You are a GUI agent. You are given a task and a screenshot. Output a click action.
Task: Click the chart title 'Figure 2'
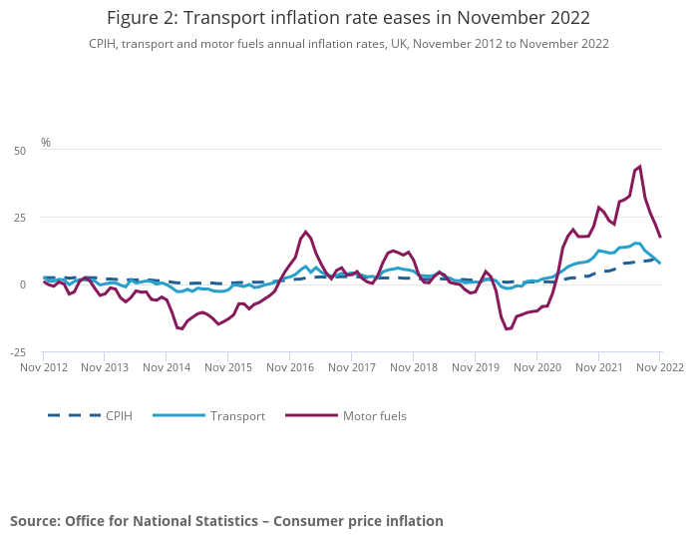[348, 18]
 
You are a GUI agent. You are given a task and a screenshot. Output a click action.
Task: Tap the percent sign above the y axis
[46, 143]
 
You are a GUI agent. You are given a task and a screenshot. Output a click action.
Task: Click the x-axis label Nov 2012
[44, 368]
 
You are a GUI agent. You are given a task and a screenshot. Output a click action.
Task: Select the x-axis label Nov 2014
[167, 368]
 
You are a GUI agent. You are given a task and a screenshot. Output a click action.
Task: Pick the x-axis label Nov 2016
[290, 368]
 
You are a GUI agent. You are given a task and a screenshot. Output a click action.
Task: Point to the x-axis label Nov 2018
[413, 368]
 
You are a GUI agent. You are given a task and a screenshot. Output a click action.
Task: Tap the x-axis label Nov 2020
[536, 368]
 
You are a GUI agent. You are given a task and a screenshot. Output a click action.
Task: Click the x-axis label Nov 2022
[659, 368]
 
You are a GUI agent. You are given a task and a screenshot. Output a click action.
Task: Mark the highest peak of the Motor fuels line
[639, 167]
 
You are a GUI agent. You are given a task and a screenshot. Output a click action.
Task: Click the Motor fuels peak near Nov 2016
[306, 232]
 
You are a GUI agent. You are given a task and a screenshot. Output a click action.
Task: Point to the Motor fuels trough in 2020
[507, 329]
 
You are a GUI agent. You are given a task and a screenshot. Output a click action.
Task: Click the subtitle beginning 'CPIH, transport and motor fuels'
[348, 44]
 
